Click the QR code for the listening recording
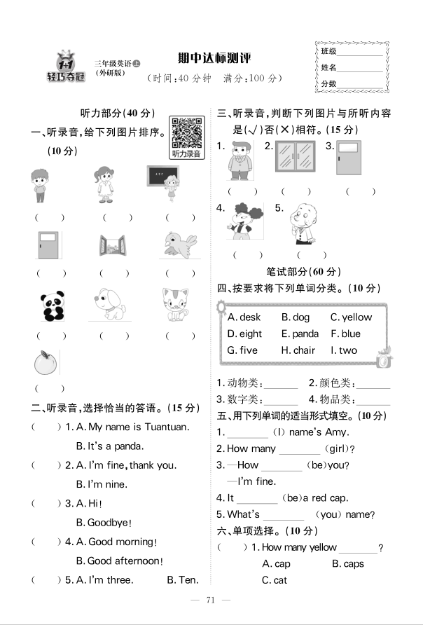(x=186, y=130)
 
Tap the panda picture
(x=50, y=305)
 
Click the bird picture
(x=179, y=245)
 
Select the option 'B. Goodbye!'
(x=104, y=523)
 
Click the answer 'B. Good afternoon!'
(x=119, y=561)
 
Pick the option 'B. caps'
(x=347, y=564)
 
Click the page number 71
(x=211, y=600)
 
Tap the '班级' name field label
(x=328, y=52)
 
